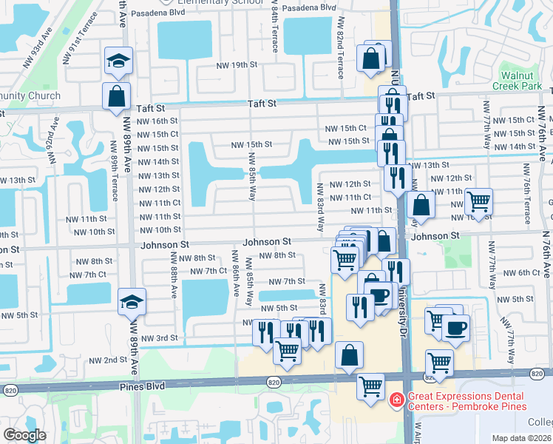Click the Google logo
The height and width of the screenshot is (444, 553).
24,435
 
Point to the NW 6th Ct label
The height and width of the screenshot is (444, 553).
525,273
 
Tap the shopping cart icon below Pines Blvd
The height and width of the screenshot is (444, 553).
370,386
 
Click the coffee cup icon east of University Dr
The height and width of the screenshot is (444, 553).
455,328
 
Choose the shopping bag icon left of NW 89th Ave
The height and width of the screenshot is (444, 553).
117,96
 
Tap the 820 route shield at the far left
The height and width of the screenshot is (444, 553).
10,389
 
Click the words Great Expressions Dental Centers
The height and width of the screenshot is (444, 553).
467,401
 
